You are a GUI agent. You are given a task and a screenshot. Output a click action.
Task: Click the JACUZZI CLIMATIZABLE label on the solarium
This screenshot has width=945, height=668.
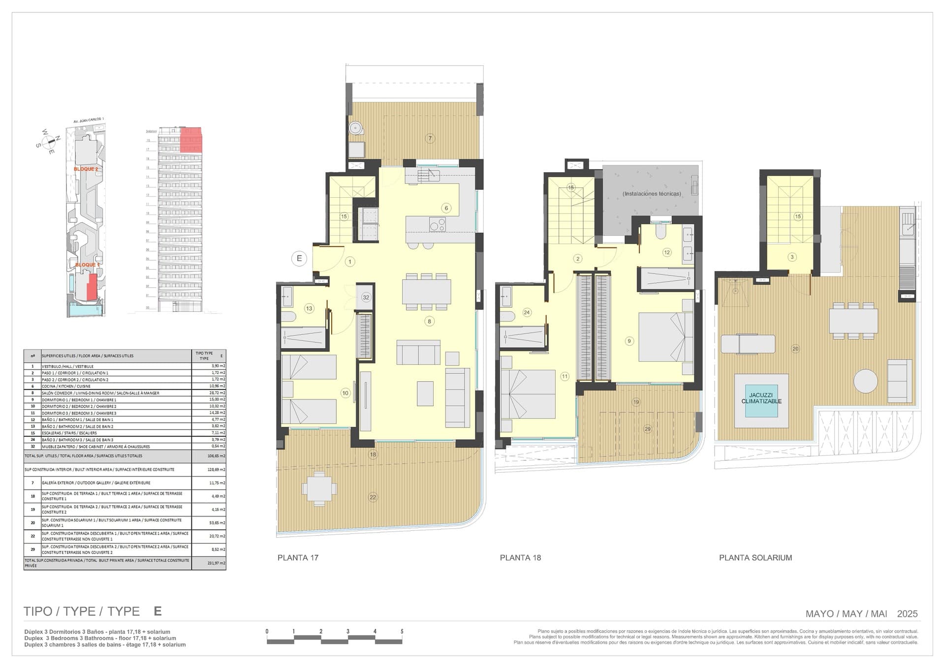(761, 398)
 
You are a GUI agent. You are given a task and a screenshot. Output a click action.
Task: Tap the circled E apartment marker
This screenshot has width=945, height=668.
(299, 258)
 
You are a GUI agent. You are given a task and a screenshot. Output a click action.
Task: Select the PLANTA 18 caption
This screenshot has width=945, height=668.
(520, 557)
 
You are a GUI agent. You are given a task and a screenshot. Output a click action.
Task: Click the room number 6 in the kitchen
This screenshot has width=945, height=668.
(446, 208)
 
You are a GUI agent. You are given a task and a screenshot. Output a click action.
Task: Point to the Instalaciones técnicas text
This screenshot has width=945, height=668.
(652, 194)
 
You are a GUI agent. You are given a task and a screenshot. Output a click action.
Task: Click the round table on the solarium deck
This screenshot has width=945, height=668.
(865, 381)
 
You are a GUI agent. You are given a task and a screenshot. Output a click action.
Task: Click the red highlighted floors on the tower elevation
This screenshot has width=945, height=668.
(191, 139)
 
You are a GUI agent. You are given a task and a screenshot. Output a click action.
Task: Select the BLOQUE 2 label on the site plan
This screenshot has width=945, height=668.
(86, 169)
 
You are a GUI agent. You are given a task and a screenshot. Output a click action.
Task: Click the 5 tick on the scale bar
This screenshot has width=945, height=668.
(402, 631)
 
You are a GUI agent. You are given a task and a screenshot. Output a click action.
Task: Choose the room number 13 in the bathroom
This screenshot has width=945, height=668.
(309, 308)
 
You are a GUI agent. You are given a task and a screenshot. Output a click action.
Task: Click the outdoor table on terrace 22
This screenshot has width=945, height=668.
(319, 488)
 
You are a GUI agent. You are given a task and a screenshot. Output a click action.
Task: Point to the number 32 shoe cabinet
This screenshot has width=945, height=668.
(366, 297)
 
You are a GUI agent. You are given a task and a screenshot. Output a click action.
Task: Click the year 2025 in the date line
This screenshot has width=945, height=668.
(907, 613)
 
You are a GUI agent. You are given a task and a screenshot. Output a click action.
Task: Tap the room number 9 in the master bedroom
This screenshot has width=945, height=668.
(629, 340)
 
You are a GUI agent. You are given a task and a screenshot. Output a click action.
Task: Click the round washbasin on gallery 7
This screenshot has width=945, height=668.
(355, 128)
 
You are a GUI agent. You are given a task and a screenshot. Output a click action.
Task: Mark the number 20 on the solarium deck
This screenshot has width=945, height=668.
(795, 349)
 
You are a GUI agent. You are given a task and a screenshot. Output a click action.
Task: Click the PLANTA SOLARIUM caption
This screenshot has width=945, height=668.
(755, 557)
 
